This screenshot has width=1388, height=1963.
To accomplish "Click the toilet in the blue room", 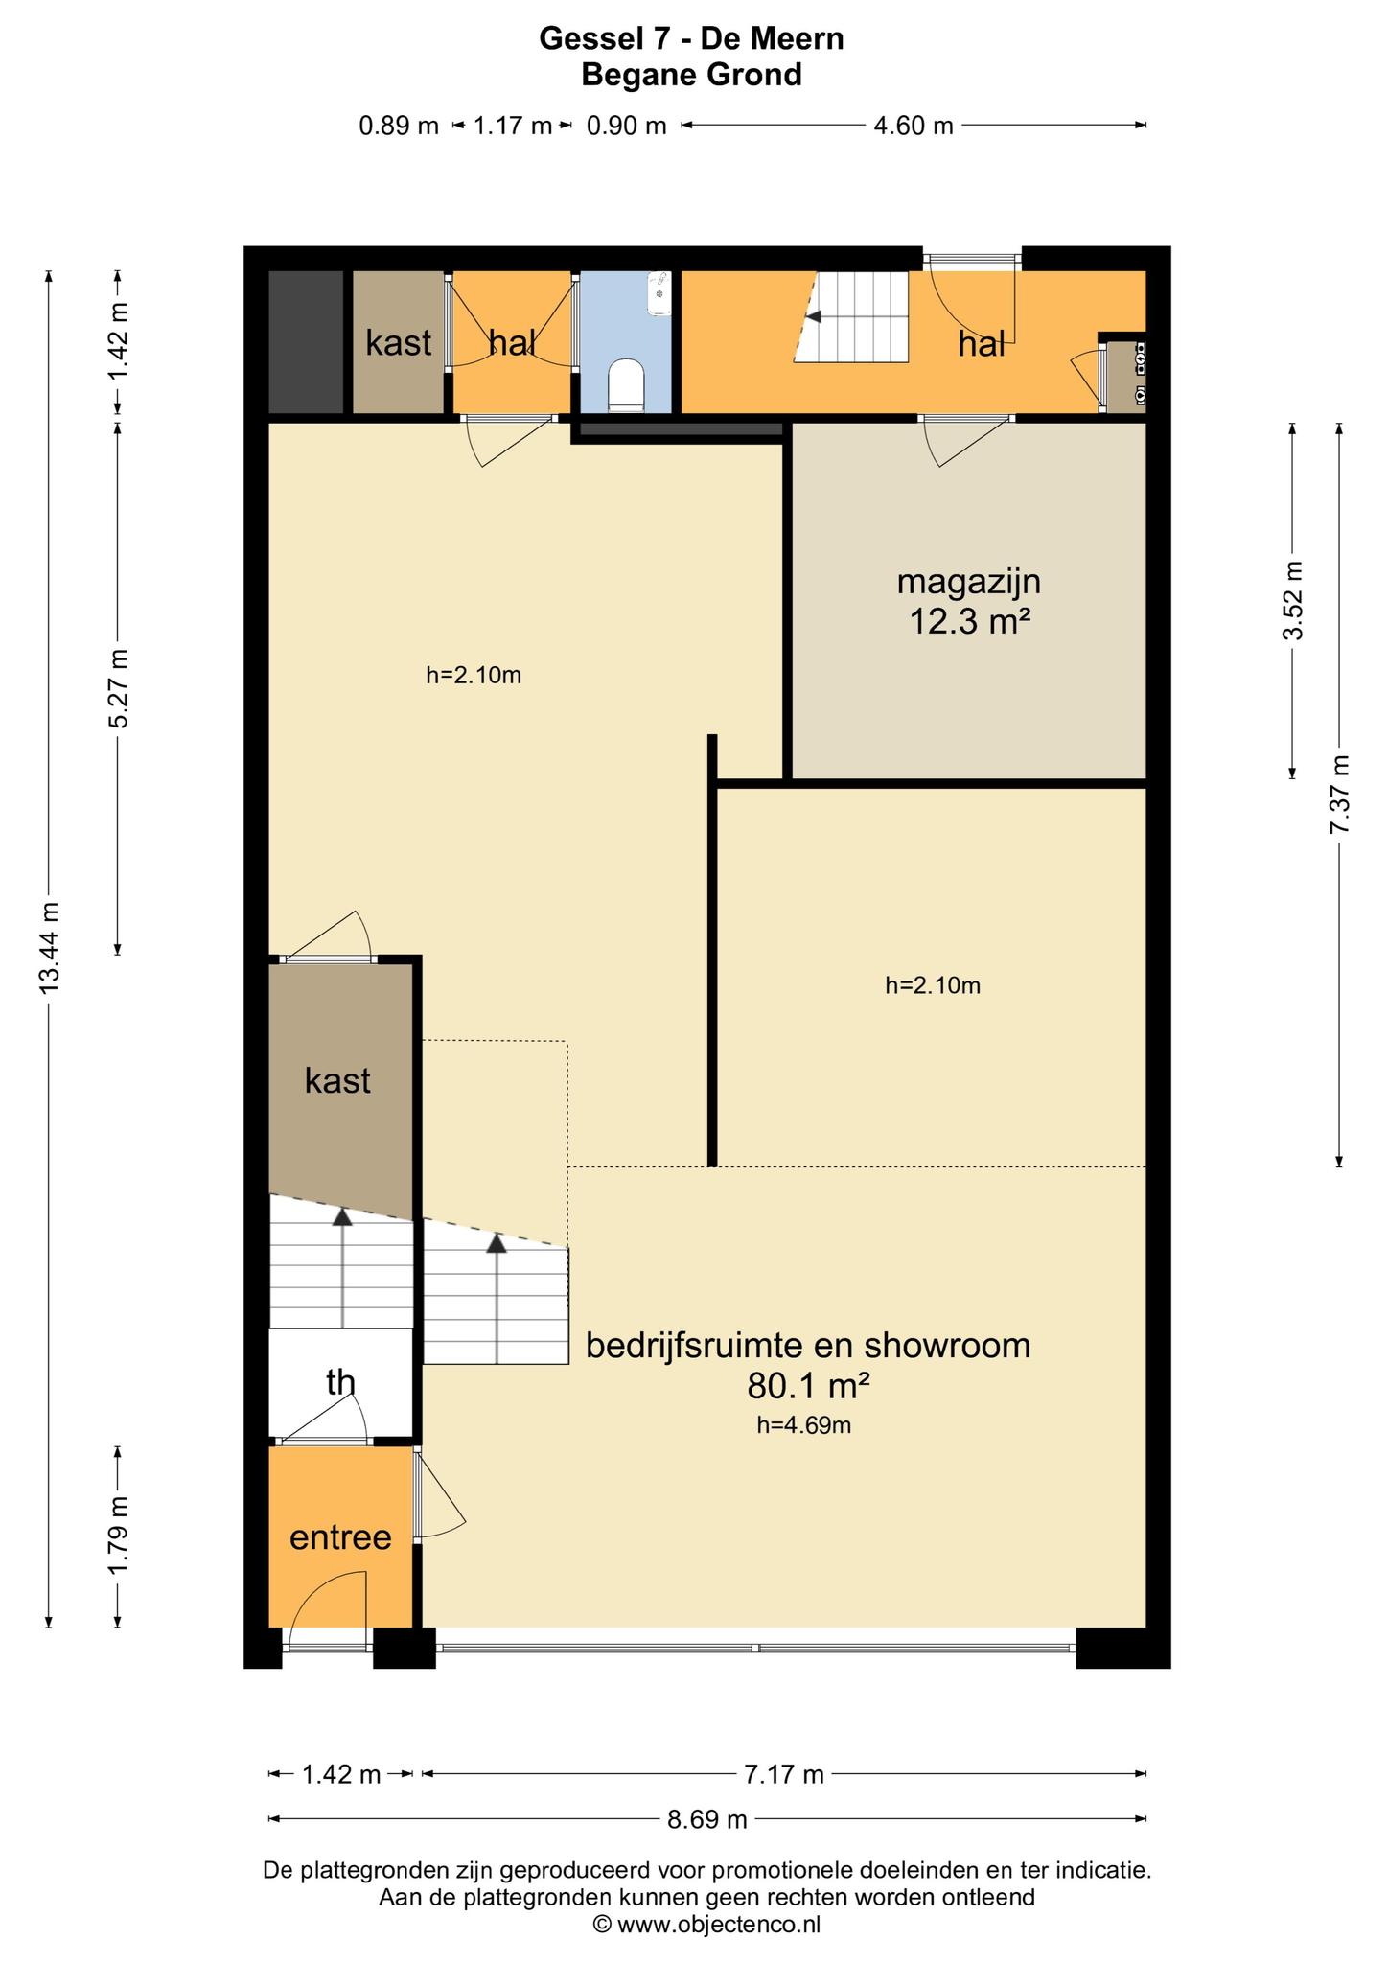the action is click(x=627, y=385).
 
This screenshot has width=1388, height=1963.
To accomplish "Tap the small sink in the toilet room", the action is click(x=660, y=292).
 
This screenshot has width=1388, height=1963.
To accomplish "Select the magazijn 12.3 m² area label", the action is click(x=969, y=602).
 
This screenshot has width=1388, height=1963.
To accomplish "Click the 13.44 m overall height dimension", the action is click(x=50, y=949).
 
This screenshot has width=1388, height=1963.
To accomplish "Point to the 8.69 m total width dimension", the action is click(x=707, y=1818).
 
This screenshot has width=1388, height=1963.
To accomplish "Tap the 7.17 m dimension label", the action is click(x=784, y=1775).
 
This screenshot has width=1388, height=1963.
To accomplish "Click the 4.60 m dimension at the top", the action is click(x=914, y=125).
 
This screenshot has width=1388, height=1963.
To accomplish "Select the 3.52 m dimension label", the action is click(x=1293, y=601).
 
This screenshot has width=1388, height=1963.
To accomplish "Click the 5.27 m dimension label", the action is click(x=118, y=688).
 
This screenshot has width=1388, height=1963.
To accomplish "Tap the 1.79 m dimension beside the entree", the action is click(x=118, y=1536).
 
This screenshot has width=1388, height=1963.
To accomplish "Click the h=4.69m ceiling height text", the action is click(x=804, y=1425).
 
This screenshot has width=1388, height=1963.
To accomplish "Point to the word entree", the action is click(x=340, y=1536).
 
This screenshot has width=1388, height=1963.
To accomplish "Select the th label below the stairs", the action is click(x=340, y=1382).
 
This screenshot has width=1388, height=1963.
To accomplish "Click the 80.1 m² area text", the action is click(x=807, y=1385).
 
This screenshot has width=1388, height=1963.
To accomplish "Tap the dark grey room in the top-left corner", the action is click(x=306, y=342).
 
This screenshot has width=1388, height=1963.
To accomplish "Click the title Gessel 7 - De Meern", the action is click(x=692, y=38).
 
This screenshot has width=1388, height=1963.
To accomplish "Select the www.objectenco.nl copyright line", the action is click(x=707, y=1924).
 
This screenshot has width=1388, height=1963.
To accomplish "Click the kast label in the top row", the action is click(x=398, y=342).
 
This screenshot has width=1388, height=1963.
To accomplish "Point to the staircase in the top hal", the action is click(x=851, y=316).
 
